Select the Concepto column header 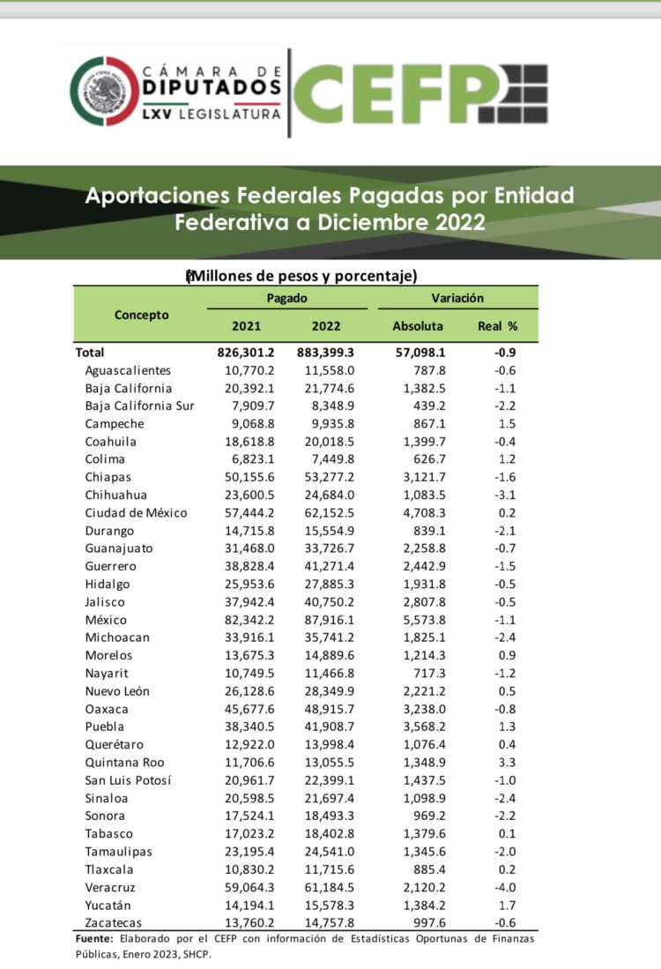(x=141, y=315)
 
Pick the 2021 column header (x=246, y=326)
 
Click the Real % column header (x=497, y=326)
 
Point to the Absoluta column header (x=418, y=326)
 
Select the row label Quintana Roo (x=124, y=763)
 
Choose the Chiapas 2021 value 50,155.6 (x=250, y=477)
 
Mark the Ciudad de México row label (x=136, y=513)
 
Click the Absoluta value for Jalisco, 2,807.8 (x=425, y=602)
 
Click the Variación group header (x=457, y=299)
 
